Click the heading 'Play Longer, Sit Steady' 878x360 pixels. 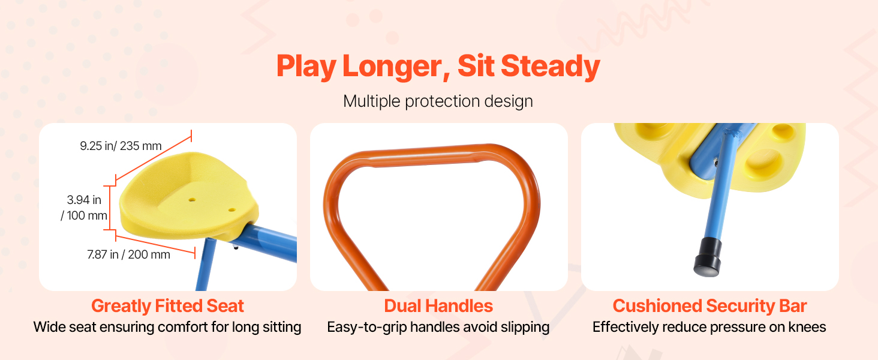coord(438,67)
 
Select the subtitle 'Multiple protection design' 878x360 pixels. coord(438,101)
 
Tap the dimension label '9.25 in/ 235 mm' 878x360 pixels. coord(121,146)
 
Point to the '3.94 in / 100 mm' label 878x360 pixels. coord(84,208)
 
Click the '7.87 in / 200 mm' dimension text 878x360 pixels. coord(128,254)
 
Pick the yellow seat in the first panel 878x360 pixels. coord(189,196)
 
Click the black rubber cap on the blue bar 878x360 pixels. coord(708,257)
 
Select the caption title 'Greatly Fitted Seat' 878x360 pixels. coord(168,306)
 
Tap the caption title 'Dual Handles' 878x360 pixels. coord(438,306)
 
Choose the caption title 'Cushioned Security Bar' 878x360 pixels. coord(710,306)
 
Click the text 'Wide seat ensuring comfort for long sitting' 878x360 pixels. coord(167,327)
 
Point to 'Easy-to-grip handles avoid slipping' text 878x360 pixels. coord(438,327)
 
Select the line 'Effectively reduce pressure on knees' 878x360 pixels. coord(709,327)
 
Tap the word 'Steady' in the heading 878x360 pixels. coord(551,67)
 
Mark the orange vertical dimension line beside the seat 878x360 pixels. coord(109,208)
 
